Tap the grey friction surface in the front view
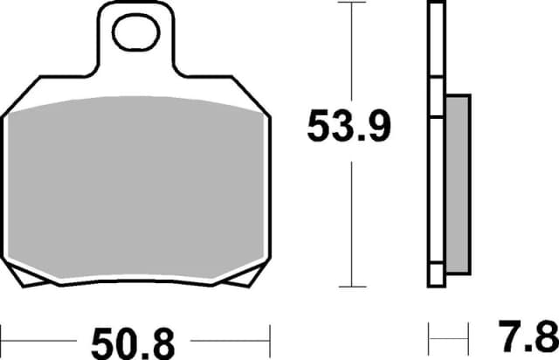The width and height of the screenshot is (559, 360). click(135, 188)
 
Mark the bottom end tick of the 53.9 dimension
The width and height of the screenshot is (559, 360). click(350, 286)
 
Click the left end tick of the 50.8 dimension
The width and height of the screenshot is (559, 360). click(2, 336)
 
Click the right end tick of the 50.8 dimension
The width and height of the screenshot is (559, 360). click(271, 336)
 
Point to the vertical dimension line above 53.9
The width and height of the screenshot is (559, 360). click(350, 52)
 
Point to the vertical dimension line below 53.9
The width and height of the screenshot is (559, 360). click(350, 218)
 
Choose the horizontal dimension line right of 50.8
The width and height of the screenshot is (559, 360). click(227, 336)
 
